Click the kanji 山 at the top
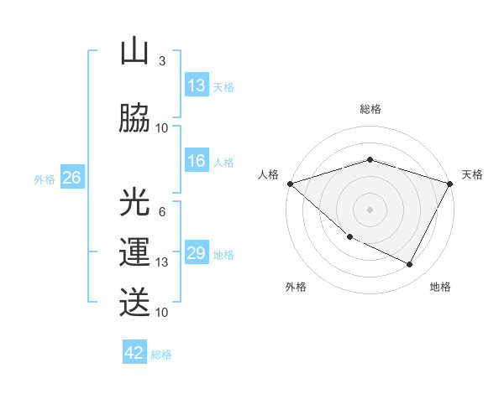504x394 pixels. pyautogui.click(x=134, y=52)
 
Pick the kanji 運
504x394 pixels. pyautogui.click(x=134, y=252)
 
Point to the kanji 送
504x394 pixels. pyautogui.click(x=134, y=302)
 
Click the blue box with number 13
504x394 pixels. pyautogui.click(x=197, y=86)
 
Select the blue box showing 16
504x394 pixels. pyautogui.click(x=197, y=162)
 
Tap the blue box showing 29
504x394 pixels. pyautogui.click(x=197, y=254)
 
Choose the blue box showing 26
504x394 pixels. pyautogui.click(x=71, y=178)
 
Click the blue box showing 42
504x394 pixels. pyautogui.click(x=134, y=353)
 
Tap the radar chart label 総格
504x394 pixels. pyautogui.click(x=370, y=109)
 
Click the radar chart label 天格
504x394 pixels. pyautogui.click(x=472, y=174)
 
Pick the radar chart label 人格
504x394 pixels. pyautogui.click(x=269, y=174)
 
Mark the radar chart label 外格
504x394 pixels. pyautogui.click(x=296, y=287)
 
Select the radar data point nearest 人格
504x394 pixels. pyautogui.click(x=290, y=184)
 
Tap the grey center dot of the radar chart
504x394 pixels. pyautogui.click(x=370, y=209)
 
